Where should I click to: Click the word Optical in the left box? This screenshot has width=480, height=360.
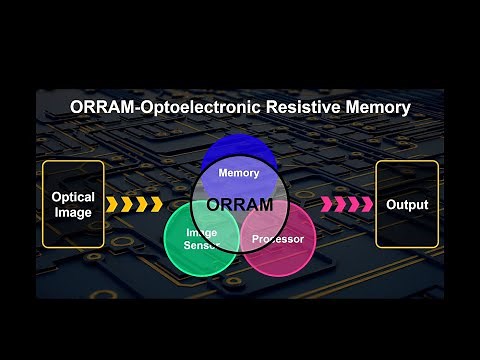click(73, 197)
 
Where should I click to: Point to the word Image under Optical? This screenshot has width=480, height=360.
click(73, 212)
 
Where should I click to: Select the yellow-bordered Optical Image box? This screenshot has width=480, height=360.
click(73, 204)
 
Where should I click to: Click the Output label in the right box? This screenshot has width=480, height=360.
click(407, 205)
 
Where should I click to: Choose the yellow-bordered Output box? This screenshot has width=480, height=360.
click(407, 204)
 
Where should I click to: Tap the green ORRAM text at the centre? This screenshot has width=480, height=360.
click(240, 205)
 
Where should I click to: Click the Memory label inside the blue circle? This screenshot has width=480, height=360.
click(239, 173)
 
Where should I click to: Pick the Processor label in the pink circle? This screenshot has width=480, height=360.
click(278, 239)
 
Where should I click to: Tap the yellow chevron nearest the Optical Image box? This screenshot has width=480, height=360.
click(113, 205)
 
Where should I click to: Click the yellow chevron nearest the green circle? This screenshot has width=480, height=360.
click(155, 205)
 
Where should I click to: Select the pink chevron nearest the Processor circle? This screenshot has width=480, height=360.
click(326, 205)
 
